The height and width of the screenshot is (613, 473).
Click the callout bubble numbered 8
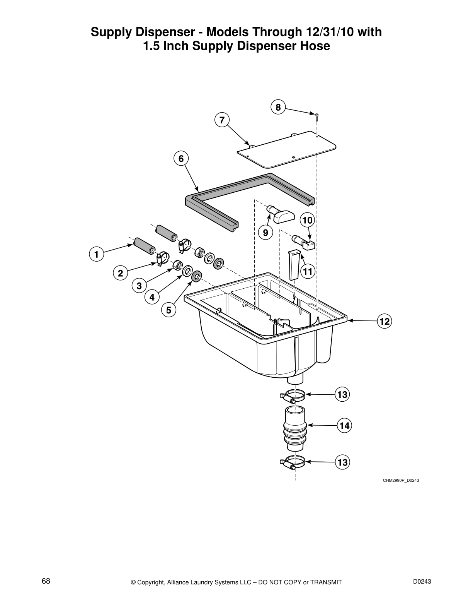click(x=278, y=107)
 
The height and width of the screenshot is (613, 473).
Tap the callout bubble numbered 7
click(x=222, y=120)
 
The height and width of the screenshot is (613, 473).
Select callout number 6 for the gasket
click(x=181, y=159)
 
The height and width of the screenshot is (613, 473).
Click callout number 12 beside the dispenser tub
click(x=385, y=321)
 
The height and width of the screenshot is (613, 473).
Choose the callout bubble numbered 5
click(x=168, y=310)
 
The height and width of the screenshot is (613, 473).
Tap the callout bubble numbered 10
click(x=308, y=221)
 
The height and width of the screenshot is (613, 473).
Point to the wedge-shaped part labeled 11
click(x=294, y=265)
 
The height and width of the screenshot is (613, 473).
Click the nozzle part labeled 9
click(x=281, y=214)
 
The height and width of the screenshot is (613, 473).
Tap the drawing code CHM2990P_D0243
click(x=401, y=480)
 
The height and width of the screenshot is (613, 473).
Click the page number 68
click(x=46, y=581)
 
